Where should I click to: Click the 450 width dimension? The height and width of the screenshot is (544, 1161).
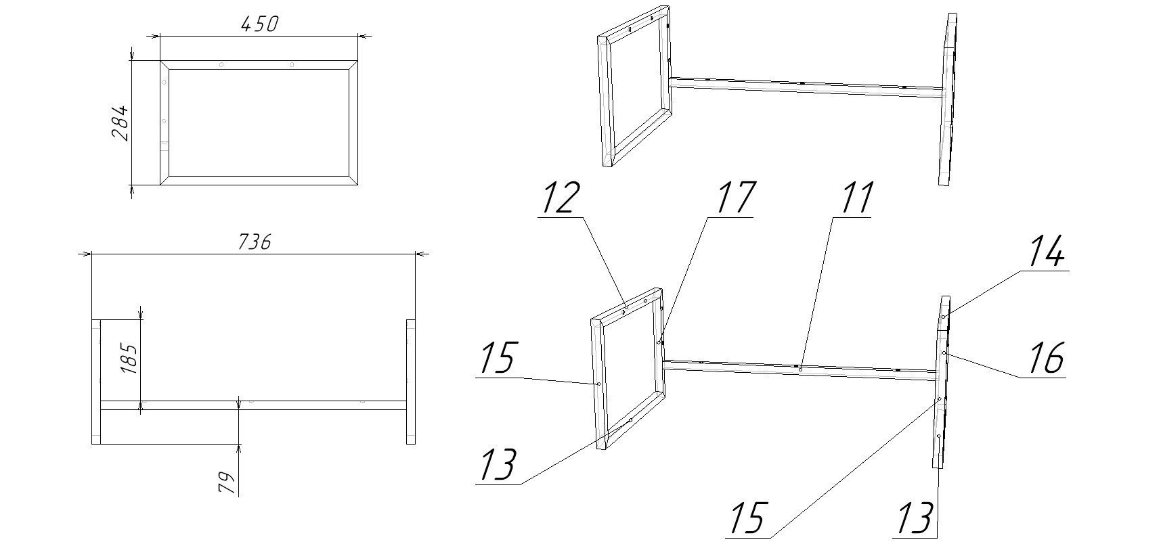coord(259,24)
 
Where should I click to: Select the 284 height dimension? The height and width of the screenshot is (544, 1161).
coord(119,122)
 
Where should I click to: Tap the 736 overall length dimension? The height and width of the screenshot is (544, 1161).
coord(255,242)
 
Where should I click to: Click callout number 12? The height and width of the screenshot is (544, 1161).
coord(561,198)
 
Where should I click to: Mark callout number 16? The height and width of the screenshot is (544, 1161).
coord(1045,358)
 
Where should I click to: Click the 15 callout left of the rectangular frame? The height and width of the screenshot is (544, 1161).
coord(497,358)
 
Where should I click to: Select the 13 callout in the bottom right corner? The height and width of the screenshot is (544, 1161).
coord(916,518)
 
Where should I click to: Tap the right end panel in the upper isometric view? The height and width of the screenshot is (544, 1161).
coord(948,99)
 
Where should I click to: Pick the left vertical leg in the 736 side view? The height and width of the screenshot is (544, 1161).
coord(96,382)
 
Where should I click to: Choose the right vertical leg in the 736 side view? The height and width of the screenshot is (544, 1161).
coord(410,382)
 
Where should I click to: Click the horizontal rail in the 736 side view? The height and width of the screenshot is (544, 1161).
coord(253,405)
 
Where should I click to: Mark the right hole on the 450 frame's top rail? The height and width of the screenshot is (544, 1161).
coord(291,64)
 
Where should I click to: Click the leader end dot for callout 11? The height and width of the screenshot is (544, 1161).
coord(800,369)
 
